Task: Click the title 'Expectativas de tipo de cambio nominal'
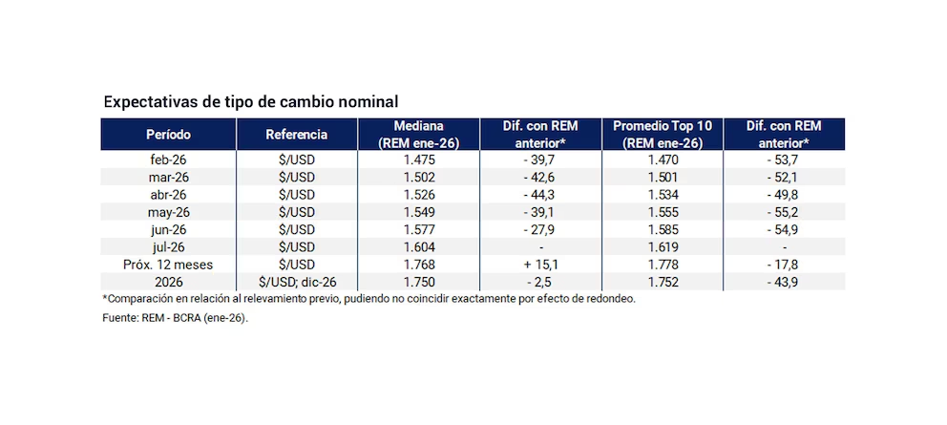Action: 251,101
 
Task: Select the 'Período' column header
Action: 168,135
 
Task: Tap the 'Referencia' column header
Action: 297,135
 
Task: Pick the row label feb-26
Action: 168,159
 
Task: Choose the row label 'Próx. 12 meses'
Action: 168,264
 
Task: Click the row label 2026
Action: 168,281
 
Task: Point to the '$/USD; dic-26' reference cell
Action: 297,281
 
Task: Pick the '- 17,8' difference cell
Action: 783,264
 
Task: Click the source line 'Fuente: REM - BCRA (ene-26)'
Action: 175,318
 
